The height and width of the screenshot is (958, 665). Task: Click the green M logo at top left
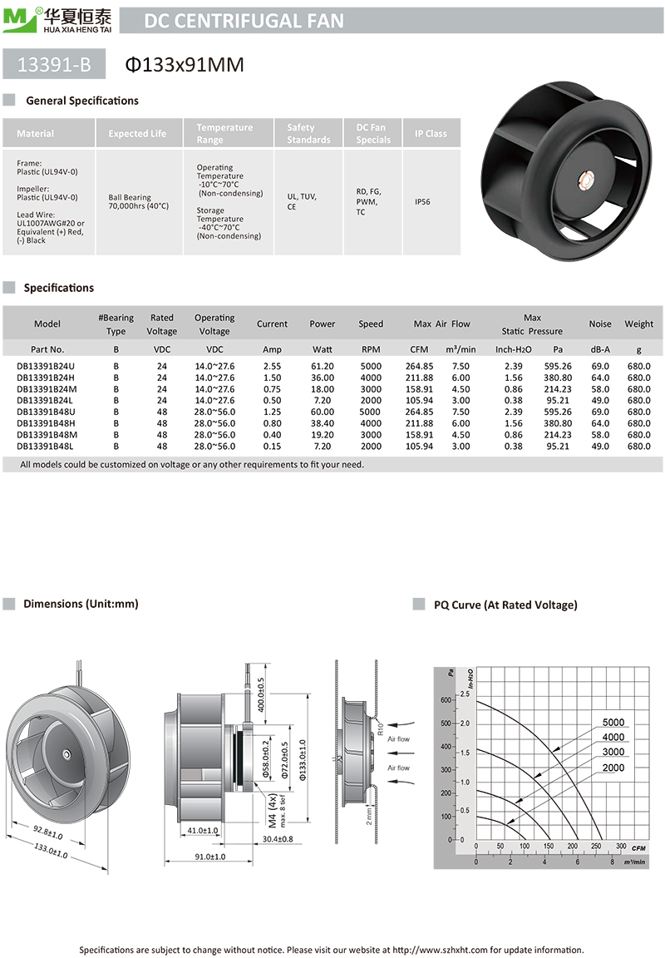click(x=17, y=18)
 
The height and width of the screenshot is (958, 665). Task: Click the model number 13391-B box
click(x=57, y=63)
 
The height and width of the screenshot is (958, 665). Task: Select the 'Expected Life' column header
click(x=137, y=133)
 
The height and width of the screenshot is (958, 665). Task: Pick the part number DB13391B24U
click(x=46, y=366)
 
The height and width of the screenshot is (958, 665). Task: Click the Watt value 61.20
click(x=322, y=366)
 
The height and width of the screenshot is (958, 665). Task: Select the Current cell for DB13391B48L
click(x=272, y=446)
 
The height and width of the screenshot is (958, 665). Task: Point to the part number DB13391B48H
click(x=46, y=423)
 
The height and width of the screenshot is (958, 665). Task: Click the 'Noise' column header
click(x=599, y=323)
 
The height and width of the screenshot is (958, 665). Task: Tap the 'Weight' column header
click(x=638, y=323)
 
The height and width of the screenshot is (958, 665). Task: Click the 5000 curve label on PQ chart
click(x=613, y=723)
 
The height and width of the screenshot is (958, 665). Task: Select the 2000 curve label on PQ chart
click(x=613, y=768)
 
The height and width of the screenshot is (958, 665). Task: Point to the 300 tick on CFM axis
click(x=621, y=847)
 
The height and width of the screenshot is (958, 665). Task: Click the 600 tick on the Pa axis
click(x=446, y=700)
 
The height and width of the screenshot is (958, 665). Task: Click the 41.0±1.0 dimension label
click(x=203, y=830)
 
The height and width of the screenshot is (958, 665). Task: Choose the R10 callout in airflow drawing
click(x=380, y=732)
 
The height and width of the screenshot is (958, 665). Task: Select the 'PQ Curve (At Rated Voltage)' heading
click(x=505, y=605)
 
